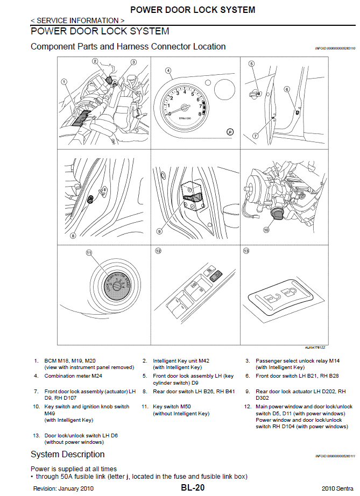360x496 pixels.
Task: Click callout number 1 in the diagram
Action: pos(64,82)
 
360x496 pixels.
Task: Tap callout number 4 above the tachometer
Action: pos(168,70)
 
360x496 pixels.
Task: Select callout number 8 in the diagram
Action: pos(73,235)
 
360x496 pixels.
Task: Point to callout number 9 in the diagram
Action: pos(159,231)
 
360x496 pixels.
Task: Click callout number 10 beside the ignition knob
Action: pos(265,230)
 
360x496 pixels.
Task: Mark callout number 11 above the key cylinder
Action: pos(89,252)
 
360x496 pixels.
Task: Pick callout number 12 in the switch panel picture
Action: pos(158,251)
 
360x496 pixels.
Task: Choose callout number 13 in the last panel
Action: pos(246,251)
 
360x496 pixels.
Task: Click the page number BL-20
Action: pos(192,488)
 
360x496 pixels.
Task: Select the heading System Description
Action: pos(67,455)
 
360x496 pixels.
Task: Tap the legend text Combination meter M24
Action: pos(73,376)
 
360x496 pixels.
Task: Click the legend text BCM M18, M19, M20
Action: pos(70,360)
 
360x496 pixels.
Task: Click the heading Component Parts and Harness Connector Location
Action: pos(128,46)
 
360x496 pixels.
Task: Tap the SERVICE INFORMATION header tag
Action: pos(77,20)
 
